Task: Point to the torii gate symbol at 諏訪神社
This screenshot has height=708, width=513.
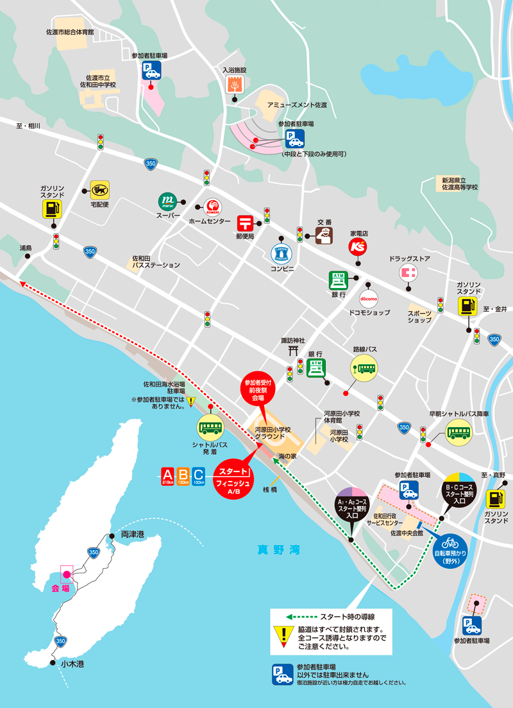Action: pyautogui.click(x=293, y=350)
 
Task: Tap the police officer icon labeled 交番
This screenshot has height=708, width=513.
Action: pyautogui.click(x=323, y=236)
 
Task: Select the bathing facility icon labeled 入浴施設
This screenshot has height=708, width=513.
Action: pyautogui.click(x=235, y=83)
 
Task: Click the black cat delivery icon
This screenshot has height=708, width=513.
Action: pyautogui.click(x=99, y=190)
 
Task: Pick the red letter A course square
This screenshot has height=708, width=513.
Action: pyautogui.click(x=168, y=476)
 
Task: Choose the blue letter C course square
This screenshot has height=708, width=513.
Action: pyautogui.click(x=199, y=476)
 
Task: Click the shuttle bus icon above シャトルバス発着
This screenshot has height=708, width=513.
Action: pyautogui.click(x=210, y=426)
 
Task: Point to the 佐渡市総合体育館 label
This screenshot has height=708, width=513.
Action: pyautogui.click(x=70, y=31)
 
